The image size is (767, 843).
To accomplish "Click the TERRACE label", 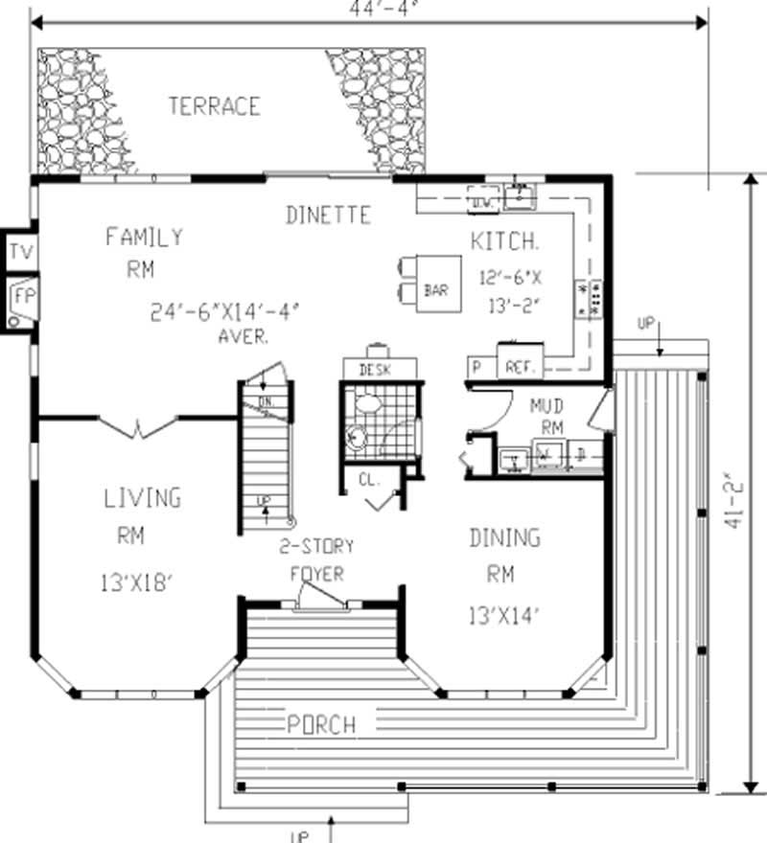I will pos(214,105).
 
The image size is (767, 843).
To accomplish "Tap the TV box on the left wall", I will pos(19,253).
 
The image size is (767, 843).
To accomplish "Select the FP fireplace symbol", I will pos(21,299).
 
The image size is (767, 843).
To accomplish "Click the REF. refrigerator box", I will pos(520,366).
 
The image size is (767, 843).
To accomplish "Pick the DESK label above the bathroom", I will pos(380,369).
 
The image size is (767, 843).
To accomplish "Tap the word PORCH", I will pos(321,724).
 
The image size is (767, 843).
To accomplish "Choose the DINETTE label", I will pos(328,216).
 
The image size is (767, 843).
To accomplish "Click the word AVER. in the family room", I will pos(243,337).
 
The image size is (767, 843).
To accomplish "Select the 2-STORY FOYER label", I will pos(316,560).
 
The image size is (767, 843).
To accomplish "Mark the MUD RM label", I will pos(546,417).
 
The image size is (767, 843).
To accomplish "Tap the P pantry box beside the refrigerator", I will pos(476,366).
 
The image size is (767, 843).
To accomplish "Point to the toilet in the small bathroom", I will pos(358,436).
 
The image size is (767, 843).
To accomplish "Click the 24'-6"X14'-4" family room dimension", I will pos(225,312).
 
